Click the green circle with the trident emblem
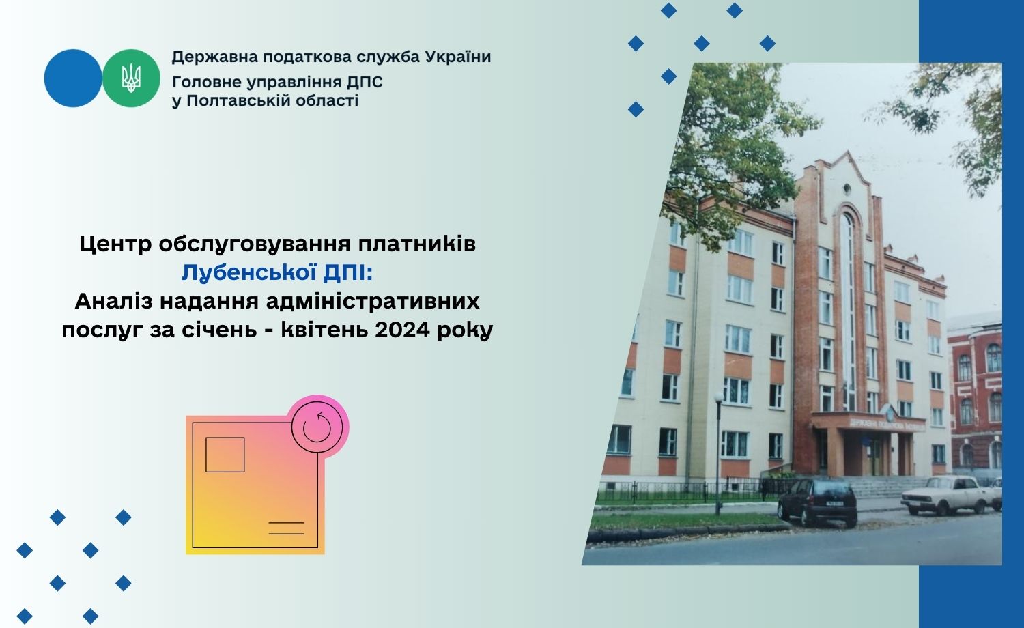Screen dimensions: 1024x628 click(131, 78)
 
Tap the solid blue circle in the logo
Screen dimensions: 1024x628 click(73, 78)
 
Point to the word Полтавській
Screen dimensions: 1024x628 click(239, 100)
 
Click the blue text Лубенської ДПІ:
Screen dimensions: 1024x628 click(277, 273)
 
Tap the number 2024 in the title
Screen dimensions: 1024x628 click(403, 330)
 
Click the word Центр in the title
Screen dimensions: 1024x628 click(115, 244)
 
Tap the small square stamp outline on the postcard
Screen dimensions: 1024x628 click(225, 455)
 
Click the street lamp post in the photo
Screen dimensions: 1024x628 click(718, 453)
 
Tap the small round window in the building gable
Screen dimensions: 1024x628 click(847, 188)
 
